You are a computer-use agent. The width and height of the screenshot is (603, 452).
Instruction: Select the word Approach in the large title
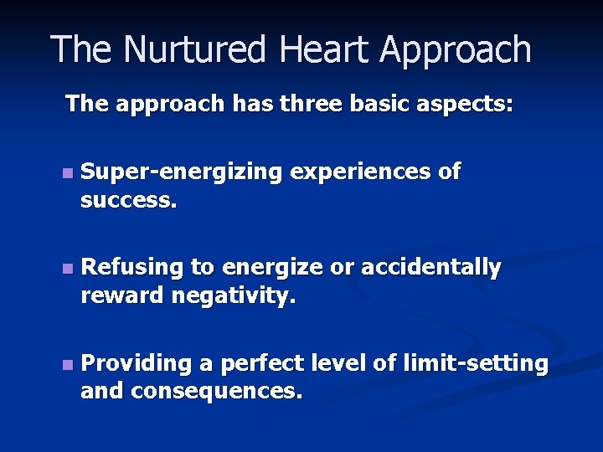pyautogui.click(x=456, y=50)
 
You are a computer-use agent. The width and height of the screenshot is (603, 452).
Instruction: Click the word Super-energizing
pyautogui.click(x=183, y=173)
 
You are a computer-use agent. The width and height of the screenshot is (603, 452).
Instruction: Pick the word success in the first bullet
pyautogui.click(x=126, y=202)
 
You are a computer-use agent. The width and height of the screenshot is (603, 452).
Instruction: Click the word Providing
pyautogui.click(x=137, y=364)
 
